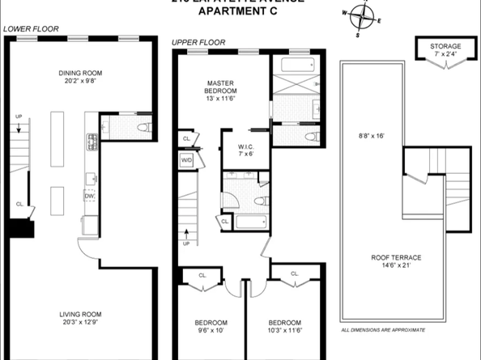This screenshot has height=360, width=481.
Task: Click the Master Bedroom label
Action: tap(219, 91)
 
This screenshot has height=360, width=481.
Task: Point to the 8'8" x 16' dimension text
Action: tap(370, 136)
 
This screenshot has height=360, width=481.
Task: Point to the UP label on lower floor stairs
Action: tap(18, 117)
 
